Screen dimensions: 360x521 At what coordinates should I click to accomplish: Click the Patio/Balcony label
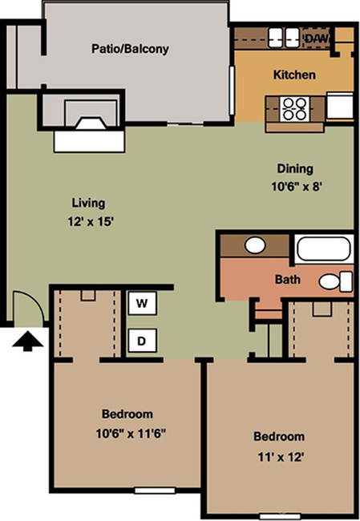pos(130,49)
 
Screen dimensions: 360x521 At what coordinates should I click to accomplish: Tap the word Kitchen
pos(294,75)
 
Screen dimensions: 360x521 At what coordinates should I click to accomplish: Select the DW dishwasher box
pos(318,38)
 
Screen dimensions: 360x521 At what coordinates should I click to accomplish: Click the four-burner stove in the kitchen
pos(294,109)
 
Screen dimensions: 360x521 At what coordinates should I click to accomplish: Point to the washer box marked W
pos(142,303)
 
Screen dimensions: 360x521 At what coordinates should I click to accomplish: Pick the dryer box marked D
pos(142,341)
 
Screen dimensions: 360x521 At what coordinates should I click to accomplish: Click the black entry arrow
pos(27,341)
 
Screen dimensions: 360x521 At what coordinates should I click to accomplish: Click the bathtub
pos(323,249)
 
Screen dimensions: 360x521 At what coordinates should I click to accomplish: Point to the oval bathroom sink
pos(255,245)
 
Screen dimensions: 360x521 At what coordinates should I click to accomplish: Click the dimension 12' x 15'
pos(91,221)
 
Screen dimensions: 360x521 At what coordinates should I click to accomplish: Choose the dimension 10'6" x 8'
pos(296,187)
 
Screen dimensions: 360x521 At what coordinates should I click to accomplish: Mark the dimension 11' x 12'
pos(281,458)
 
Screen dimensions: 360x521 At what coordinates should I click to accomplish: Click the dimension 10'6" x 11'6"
pos(131,434)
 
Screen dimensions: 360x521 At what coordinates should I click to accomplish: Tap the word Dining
pos(295,169)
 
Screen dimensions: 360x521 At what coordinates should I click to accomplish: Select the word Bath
pos(288,280)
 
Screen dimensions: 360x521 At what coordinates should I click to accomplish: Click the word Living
pos(88,203)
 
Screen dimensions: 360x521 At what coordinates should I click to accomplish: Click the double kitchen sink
pos(284,37)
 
